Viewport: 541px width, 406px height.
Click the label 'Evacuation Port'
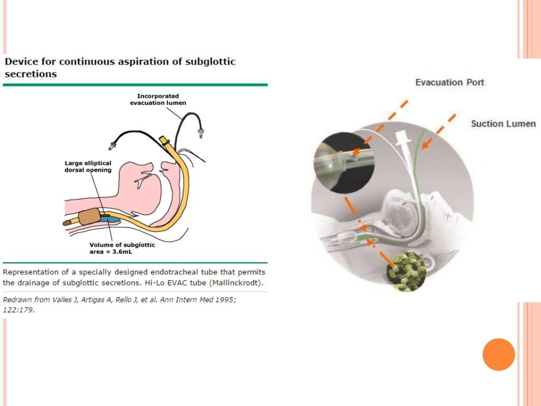[450, 82]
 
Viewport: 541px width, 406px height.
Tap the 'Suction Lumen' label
[503, 124]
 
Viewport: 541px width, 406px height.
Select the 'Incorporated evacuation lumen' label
[158, 99]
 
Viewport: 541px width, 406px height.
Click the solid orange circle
[498, 354]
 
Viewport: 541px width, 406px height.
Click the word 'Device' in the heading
[21, 61]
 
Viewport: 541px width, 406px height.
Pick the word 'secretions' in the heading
[30, 74]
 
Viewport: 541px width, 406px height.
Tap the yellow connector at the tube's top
[164, 140]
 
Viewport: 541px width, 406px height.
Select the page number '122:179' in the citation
[18, 310]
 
